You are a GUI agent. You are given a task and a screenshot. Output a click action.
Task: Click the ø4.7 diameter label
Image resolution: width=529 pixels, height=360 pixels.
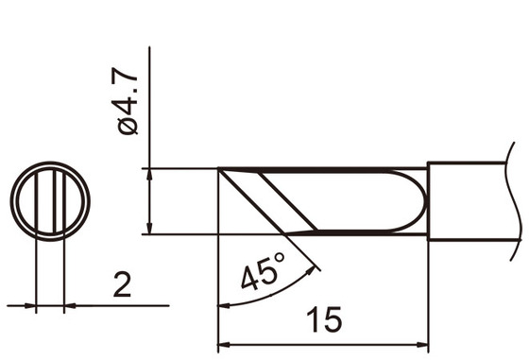[x=129, y=99]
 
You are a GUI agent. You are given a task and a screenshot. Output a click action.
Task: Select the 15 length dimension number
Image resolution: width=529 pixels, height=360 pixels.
[x=324, y=321]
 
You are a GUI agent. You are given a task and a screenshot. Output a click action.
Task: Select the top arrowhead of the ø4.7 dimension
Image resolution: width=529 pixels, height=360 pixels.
[x=150, y=176]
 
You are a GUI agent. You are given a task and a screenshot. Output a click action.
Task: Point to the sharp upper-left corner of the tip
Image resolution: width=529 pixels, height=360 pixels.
[x=220, y=170]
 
